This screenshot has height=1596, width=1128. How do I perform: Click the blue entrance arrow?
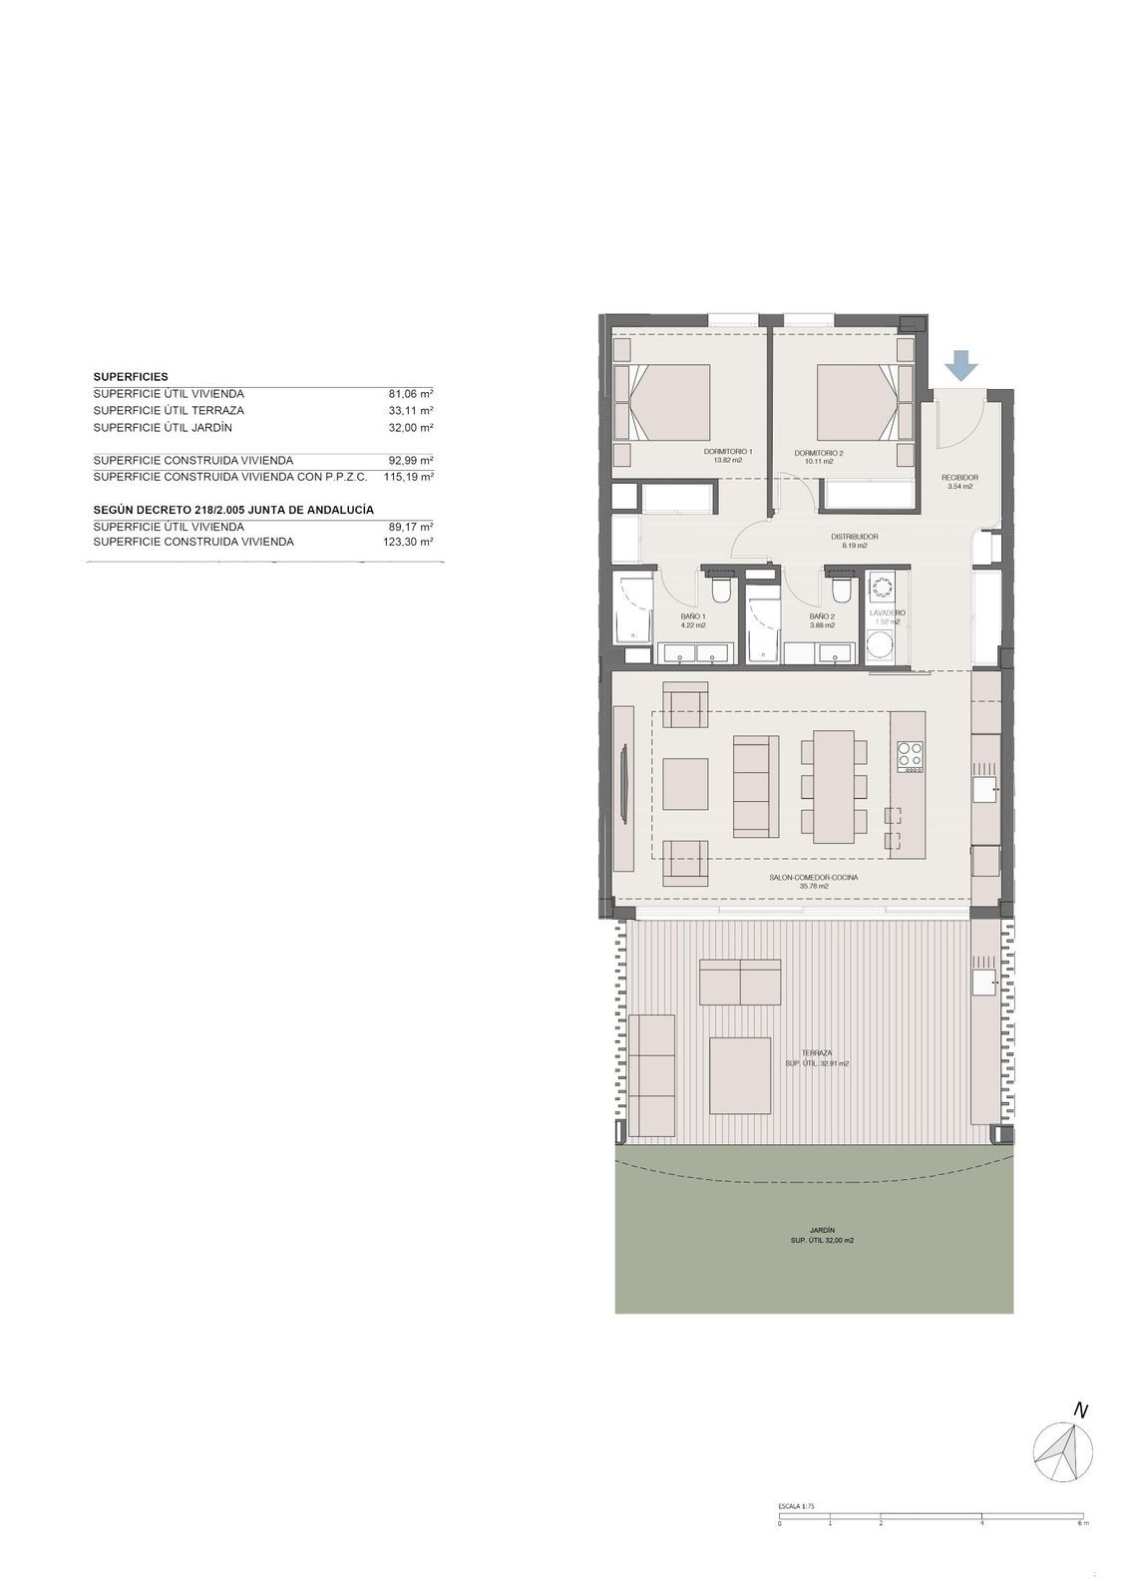pos(960,366)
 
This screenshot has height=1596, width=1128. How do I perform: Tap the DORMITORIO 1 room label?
pos(728,452)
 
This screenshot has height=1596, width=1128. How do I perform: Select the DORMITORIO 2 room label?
pos(818,453)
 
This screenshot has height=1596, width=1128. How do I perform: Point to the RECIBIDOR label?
pos(959,478)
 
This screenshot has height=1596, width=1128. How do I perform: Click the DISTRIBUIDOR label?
pos(854,537)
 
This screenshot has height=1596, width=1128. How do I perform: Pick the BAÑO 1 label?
pos(693,616)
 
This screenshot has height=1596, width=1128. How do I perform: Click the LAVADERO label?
pos(887,612)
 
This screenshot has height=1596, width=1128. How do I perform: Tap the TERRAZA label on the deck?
pos(816,1052)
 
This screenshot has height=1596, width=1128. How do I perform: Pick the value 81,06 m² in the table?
pos(411,394)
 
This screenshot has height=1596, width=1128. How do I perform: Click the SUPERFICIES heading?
pos(131,377)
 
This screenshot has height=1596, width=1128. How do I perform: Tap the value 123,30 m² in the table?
pos(410,542)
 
